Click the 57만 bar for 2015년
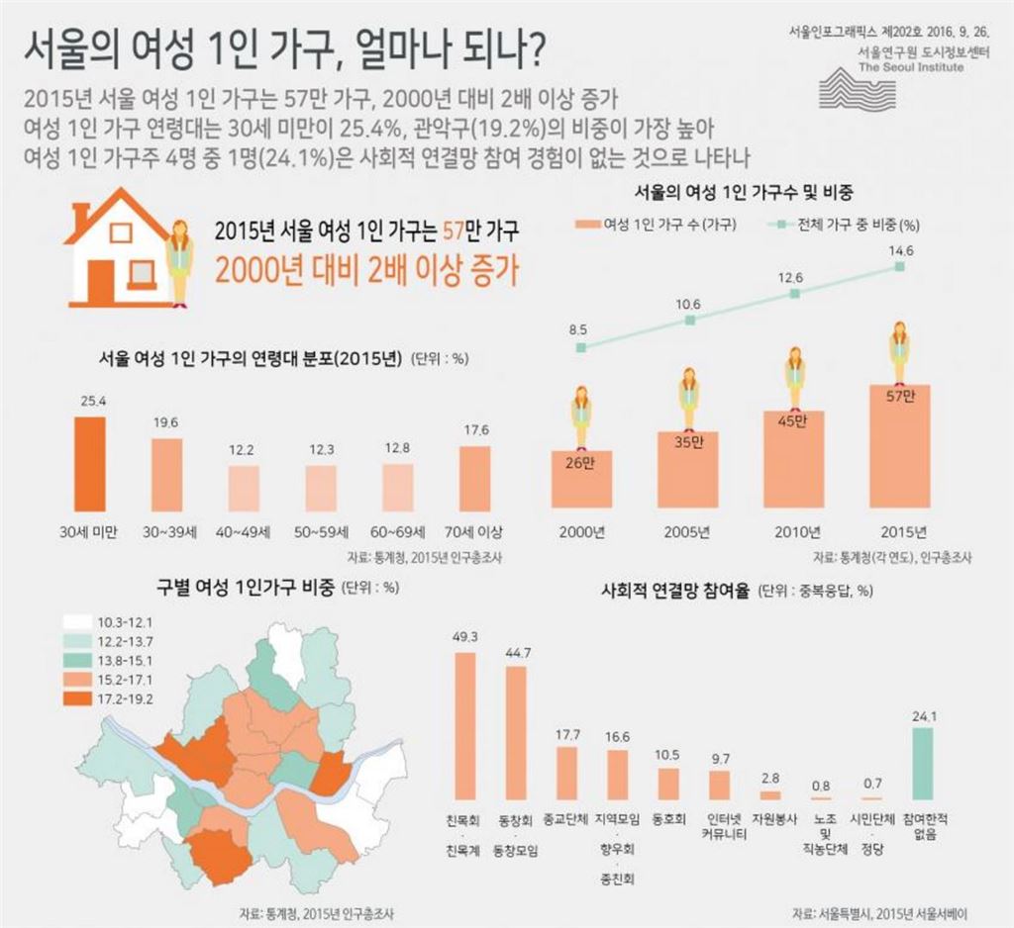900,445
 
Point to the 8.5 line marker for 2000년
581,347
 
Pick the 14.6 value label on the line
900,251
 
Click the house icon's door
101,279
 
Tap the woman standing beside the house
180,262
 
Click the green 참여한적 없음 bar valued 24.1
922,763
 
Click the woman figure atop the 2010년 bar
795,377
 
